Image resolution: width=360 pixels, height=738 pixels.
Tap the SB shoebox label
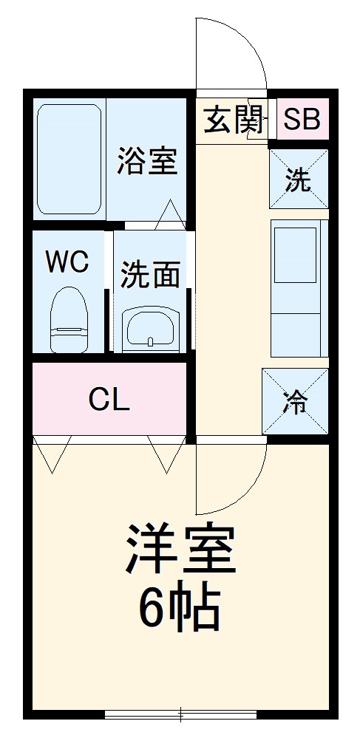click(x=302, y=119)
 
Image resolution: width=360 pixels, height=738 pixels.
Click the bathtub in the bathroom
click(x=69, y=159)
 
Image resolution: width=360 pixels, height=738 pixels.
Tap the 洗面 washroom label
click(x=150, y=275)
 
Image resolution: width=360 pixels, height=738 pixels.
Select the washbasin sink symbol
click(x=150, y=327)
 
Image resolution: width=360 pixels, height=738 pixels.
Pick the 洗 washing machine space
click(x=298, y=180)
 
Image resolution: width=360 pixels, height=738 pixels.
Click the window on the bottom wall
click(x=180, y=714)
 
